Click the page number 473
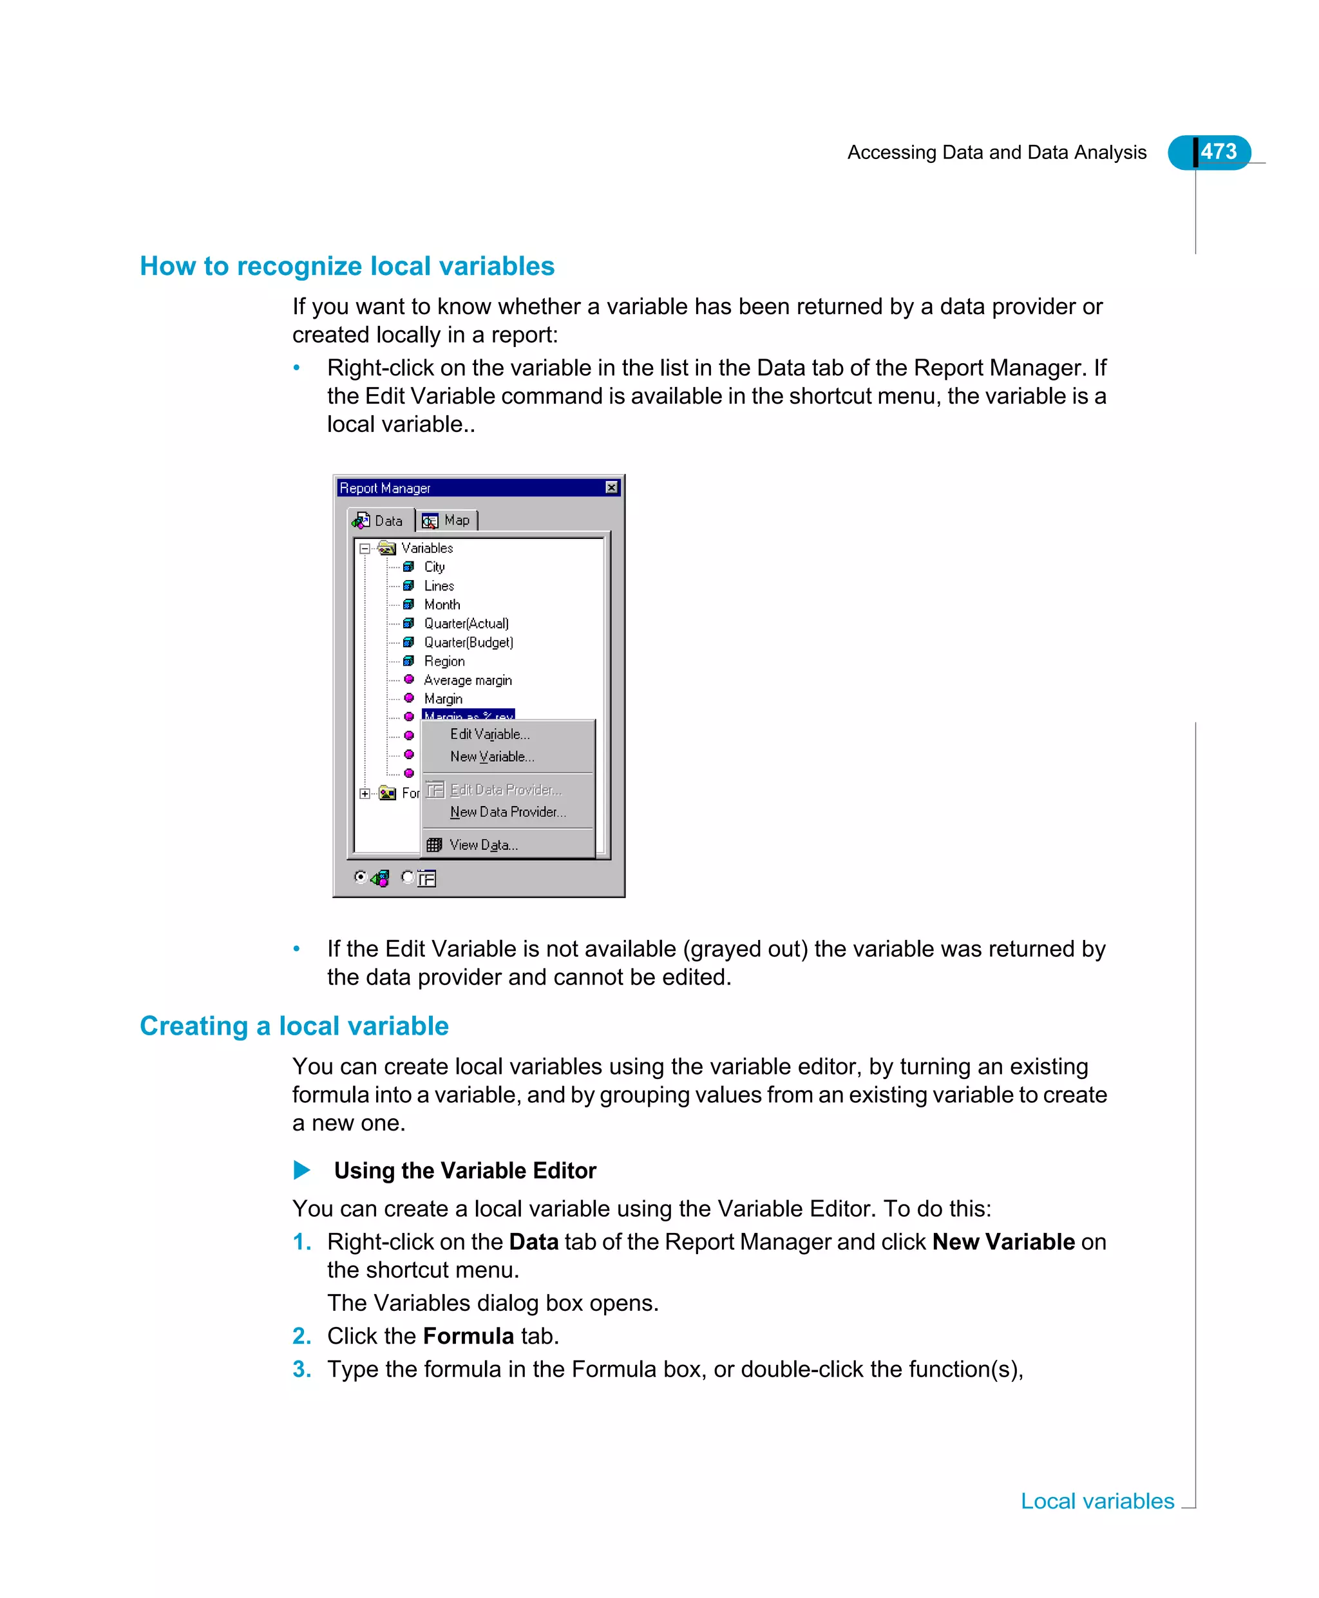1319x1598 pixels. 1218,152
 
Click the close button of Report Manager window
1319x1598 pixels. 612,487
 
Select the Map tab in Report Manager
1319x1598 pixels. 448,520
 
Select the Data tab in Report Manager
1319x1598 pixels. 380,520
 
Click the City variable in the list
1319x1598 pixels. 434,567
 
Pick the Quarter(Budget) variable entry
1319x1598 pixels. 468,642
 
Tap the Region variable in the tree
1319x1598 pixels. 444,661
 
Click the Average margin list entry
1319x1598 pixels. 468,680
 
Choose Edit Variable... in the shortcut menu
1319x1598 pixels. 489,734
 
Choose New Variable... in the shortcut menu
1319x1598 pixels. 491,757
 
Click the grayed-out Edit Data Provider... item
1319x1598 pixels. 506,790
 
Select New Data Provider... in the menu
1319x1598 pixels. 508,812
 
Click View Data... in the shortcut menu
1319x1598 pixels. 483,845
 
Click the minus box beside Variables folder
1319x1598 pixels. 365,549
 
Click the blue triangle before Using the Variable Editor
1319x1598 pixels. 301,1170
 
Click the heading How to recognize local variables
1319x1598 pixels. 347,266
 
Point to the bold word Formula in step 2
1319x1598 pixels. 468,1336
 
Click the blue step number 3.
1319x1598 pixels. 301,1369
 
